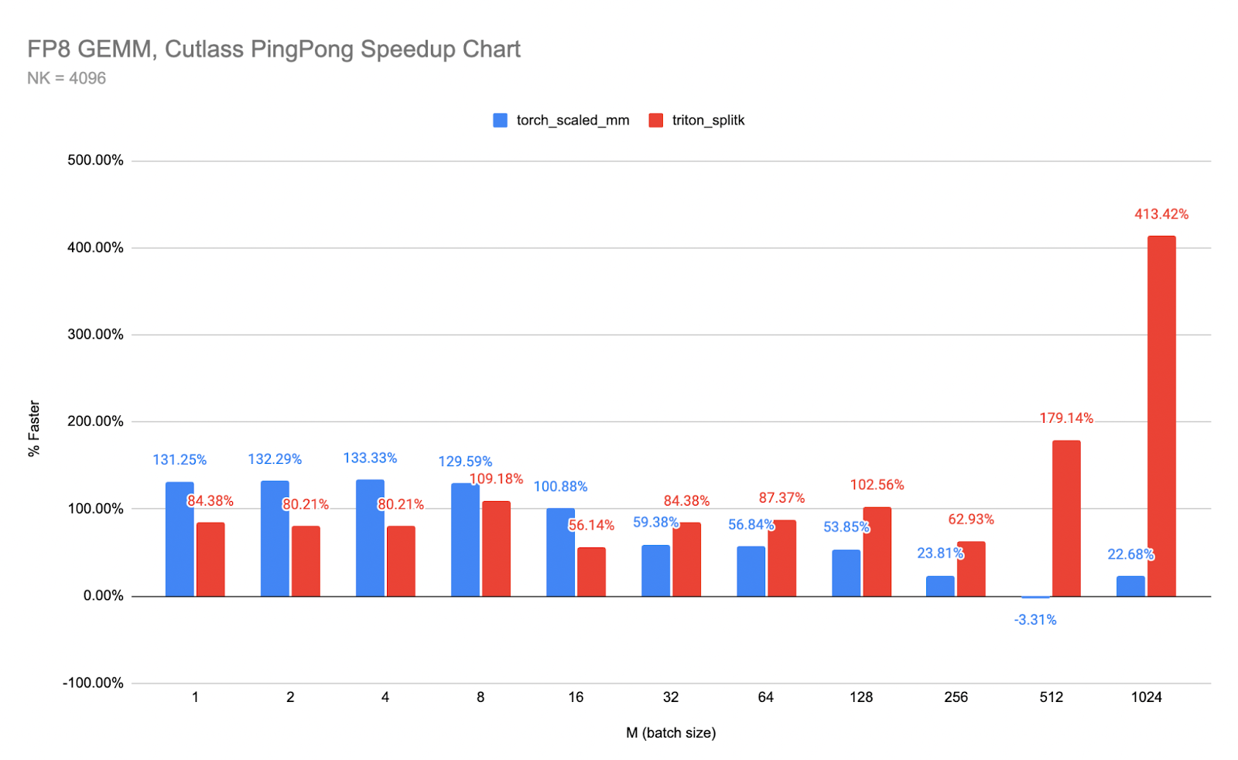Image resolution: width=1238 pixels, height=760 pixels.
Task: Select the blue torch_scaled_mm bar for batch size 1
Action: pos(180,539)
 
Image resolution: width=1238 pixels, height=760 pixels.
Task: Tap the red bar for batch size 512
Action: pos(1065,518)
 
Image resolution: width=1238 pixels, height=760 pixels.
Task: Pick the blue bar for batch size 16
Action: pos(560,552)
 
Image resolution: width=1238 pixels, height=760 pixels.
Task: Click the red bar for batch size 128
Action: pos(877,551)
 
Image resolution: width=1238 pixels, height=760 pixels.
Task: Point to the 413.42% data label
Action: pos(1161,214)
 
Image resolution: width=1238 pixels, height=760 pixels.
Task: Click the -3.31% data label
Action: pos(1035,620)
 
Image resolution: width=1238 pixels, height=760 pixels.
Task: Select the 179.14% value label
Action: pos(1065,418)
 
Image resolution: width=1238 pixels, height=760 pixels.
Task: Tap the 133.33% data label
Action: pos(370,458)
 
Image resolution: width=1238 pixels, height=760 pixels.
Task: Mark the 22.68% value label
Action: pos(1130,554)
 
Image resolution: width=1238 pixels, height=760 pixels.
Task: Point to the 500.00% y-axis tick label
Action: pos(95,161)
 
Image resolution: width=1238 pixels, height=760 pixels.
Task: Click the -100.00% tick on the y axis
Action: pos(93,683)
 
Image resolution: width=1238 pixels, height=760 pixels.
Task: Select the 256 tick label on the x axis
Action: pos(956,697)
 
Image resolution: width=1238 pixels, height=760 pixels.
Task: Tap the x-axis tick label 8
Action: pos(480,697)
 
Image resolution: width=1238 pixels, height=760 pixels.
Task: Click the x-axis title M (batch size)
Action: pos(671,733)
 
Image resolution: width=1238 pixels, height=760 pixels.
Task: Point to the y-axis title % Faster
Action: pos(34,428)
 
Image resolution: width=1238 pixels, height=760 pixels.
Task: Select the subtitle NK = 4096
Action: pos(67,78)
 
